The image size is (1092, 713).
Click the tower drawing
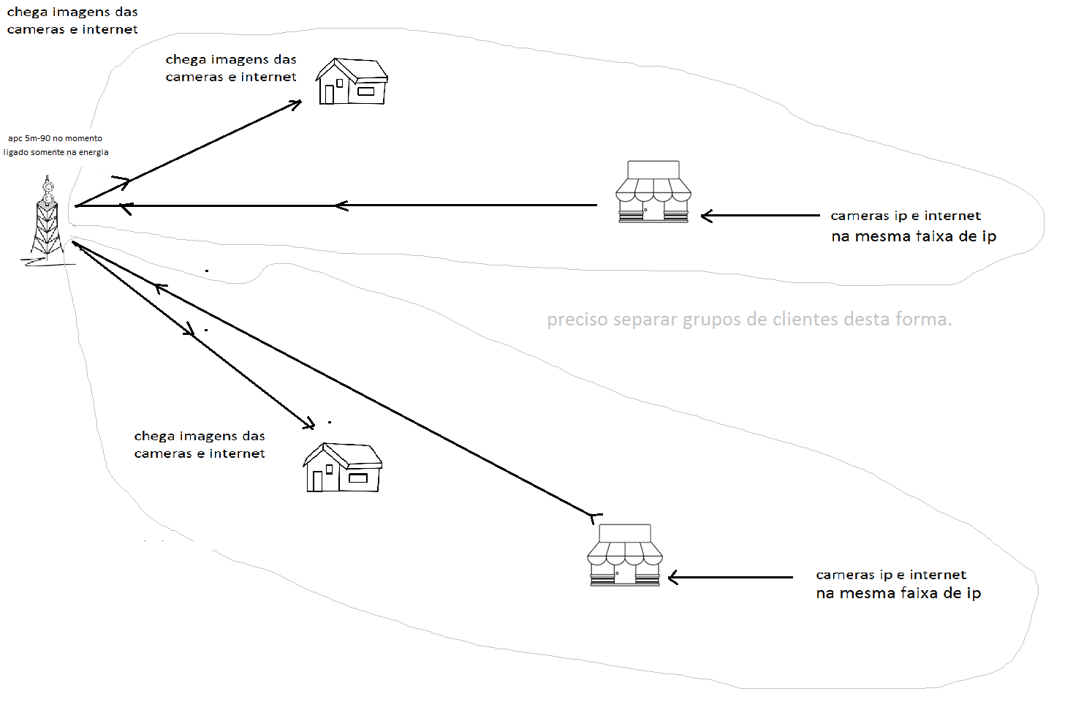[x=48, y=219]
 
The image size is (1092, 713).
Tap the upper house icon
[x=352, y=81]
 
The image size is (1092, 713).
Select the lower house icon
[x=343, y=467]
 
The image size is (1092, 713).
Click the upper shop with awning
[x=653, y=192]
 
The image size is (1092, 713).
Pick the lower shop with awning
[x=625, y=555]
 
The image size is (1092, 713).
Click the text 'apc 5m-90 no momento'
[x=55, y=138]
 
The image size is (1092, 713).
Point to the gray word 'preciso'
[x=577, y=320]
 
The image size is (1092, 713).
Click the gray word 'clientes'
[x=805, y=320]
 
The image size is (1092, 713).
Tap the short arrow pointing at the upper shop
[x=760, y=216]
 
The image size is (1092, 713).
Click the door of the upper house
[x=329, y=95]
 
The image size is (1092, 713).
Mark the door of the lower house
[x=317, y=481]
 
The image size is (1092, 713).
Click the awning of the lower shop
[x=625, y=554]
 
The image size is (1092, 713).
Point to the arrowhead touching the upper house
[x=295, y=104]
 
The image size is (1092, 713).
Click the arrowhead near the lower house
[x=309, y=424]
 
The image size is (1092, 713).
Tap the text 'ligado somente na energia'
[x=56, y=152]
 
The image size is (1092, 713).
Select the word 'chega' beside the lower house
[x=154, y=437]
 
